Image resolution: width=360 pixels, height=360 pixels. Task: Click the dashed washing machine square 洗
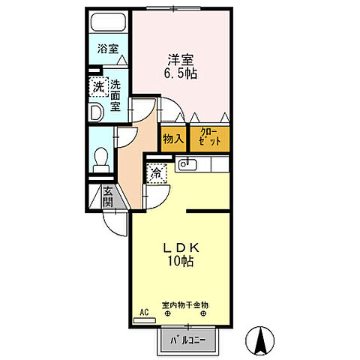(98, 87)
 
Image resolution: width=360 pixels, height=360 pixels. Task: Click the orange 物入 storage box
(172, 138)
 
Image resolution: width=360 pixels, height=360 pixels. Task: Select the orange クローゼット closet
(209, 138)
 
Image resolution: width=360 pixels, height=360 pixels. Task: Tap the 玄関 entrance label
(108, 197)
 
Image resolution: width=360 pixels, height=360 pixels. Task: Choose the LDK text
(181, 248)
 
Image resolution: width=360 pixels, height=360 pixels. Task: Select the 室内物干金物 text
(184, 305)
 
